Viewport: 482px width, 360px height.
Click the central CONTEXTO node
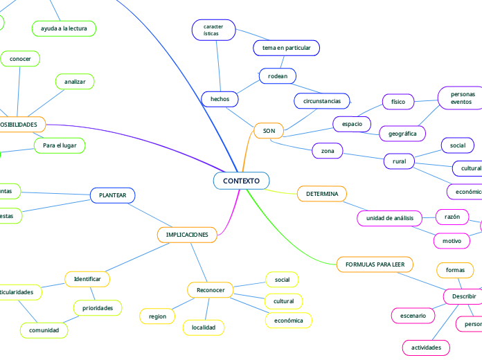pos(241,181)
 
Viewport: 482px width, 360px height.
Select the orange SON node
pos(269,131)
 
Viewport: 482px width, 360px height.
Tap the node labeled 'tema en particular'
pos(287,48)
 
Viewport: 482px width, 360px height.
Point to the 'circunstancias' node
pos(322,101)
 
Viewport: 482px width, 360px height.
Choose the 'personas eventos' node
pos(463,98)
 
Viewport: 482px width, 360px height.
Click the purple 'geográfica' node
pos(402,133)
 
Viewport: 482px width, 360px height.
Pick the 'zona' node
pos(328,150)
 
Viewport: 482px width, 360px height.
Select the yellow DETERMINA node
pos(322,194)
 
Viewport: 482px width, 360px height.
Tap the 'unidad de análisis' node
pos(389,218)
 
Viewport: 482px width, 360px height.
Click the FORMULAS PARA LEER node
pos(375,264)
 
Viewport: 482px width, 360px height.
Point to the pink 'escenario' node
pos(413,316)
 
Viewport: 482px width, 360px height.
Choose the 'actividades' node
pos(426,347)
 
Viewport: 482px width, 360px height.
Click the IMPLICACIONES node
pos(187,235)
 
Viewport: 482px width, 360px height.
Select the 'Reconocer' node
pos(211,290)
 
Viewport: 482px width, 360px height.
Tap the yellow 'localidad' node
pos(204,327)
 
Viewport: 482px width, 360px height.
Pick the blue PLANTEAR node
pos(113,196)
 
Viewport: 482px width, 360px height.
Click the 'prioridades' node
pos(98,307)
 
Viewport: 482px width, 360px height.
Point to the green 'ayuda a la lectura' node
pos(64,28)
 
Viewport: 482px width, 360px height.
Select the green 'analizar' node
pos(75,82)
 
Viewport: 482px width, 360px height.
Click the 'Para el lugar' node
pos(60,145)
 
